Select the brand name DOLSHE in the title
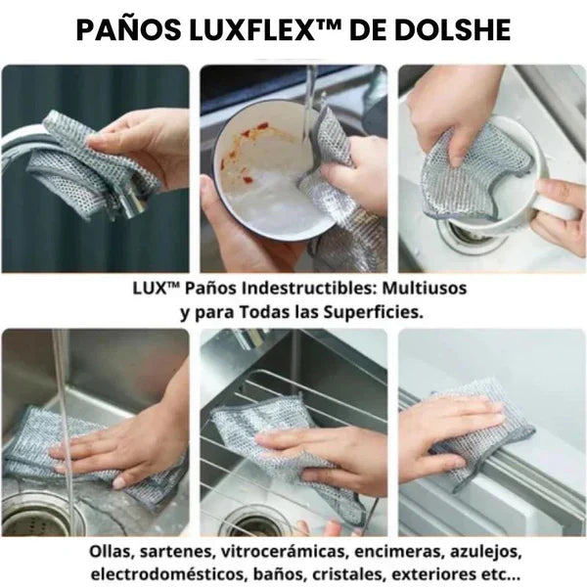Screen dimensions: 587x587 click(x=457, y=30)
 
